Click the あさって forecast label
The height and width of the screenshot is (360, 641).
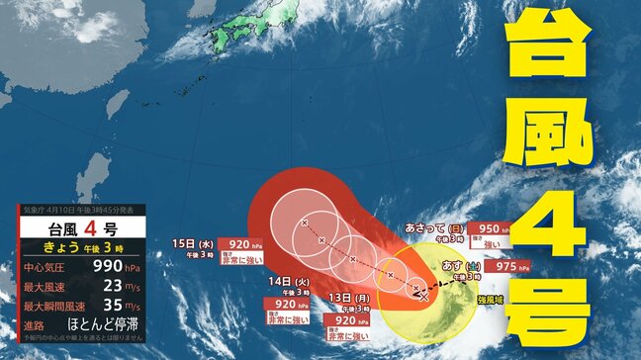(x=432, y=227)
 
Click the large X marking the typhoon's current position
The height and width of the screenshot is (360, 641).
(x=424, y=295)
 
